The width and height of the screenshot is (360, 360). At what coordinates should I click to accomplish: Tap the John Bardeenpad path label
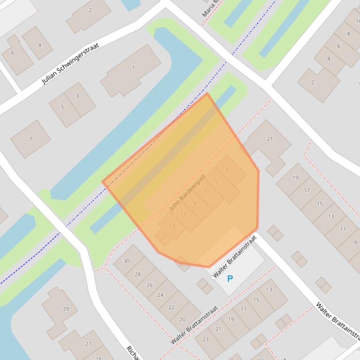[x=187, y=193]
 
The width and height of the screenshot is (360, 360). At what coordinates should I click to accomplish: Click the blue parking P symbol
[x=230, y=279]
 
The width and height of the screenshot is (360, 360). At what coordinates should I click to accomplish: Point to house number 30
[x=126, y=261]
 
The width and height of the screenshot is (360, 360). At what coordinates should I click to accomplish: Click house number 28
[x=138, y=274]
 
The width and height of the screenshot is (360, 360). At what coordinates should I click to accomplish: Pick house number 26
[x=149, y=285]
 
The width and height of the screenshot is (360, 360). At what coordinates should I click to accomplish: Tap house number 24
[x=160, y=295]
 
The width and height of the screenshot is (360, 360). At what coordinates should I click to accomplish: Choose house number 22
[x=171, y=307]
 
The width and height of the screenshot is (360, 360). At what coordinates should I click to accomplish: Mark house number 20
[x=183, y=319]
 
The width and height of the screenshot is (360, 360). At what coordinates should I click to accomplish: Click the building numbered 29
[x=66, y=309]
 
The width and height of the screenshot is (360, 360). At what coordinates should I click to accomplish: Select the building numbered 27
[x=88, y=344]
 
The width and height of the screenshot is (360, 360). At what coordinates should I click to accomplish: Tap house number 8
[x=348, y=34]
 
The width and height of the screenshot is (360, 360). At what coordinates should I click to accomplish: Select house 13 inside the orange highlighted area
[x=172, y=226]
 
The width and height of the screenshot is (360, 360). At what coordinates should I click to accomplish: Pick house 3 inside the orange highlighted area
[x=227, y=169]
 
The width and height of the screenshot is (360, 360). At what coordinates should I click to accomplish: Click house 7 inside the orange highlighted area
[x=205, y=192]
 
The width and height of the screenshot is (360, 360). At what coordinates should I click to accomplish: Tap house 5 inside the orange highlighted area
[x=216, y=181]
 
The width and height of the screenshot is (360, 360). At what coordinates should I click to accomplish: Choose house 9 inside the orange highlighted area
[x=194, y=203]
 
